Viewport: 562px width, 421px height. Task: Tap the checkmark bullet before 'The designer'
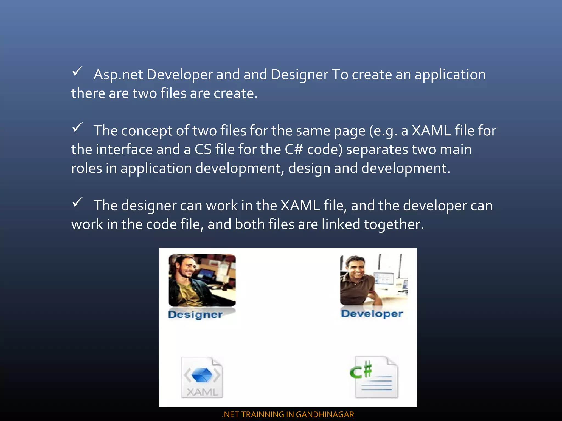click(x=77, y=202)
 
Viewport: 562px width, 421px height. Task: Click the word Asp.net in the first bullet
click(x=118, y=75)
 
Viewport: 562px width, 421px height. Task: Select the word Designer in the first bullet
click(x=299, y=75)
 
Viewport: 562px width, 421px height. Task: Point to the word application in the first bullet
click(x=450, y=75)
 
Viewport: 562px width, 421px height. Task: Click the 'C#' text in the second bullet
click(x=294, y=150)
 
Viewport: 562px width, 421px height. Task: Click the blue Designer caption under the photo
click(x=195, y=314)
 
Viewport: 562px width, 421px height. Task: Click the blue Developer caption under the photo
click(x=372, y=314)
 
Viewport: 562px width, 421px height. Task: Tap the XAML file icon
click(x=202, y=377)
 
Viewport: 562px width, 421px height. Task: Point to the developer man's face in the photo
click(x=356, y=269)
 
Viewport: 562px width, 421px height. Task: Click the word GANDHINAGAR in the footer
click(x=325, y=414)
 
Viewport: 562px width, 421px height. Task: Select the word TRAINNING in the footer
click(x=262, y=414)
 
